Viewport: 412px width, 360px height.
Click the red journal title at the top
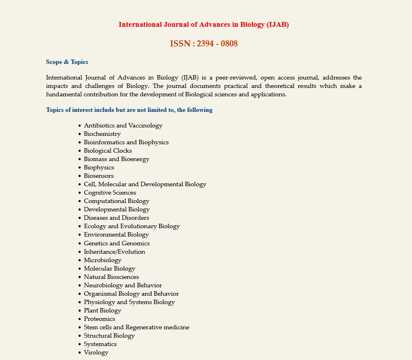coord(204,25)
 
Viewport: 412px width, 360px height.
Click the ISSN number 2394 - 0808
coord(204,44)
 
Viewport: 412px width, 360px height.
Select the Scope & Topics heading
coord(67,62)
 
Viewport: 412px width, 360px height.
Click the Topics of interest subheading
coord(129,110)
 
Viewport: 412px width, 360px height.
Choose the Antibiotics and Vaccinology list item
coord(123,125)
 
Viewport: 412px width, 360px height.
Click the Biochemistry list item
coord(102,134)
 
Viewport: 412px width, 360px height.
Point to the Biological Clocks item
coord(108,151)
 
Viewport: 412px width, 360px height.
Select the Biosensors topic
coord(98,176)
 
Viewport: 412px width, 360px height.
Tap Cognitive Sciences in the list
coord(110,193)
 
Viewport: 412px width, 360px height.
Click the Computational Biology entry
coord(116,201)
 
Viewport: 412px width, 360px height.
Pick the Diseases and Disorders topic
coord(116,218)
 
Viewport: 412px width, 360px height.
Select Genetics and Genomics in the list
coord(116,243)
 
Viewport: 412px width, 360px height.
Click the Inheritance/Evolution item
coord(114,252)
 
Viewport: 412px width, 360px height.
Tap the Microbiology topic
coord(102,260)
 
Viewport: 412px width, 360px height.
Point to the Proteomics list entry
coord(99,319)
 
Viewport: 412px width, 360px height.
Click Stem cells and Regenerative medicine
coord(136,327)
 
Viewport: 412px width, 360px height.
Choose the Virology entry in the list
coord(96,352)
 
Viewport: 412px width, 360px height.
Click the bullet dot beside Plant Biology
coord(80,311)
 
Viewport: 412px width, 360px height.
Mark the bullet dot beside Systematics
coord(80,344)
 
